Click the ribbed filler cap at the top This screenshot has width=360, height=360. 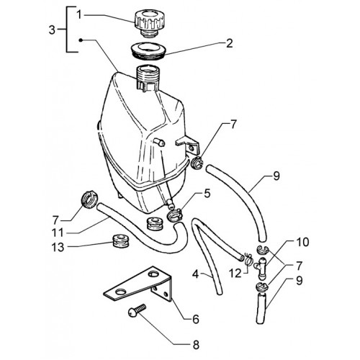point(149,23)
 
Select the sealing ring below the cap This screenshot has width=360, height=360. point(149,51)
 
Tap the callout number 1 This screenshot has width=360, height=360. point(79,15)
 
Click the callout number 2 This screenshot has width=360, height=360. point(229,43)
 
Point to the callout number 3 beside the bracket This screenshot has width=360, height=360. point(52,30)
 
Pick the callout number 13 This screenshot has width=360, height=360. point(58,247)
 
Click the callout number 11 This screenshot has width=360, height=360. point(58,233)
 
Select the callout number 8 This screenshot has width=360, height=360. point(196,345)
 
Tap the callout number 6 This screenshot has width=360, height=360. point(196,319)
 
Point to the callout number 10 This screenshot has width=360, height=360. point(302,242)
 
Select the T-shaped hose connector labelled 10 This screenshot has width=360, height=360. point(262,268)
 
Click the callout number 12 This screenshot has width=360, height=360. point(235,274)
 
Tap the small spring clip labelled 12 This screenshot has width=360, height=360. point(249,259)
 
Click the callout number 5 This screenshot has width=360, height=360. point(207,194)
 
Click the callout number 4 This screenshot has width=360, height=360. point(196,274)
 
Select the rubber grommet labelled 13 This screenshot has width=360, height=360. point(120,241)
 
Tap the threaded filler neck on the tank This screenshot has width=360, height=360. point(148,78)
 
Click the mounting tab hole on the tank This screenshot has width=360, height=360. point(192,148)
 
